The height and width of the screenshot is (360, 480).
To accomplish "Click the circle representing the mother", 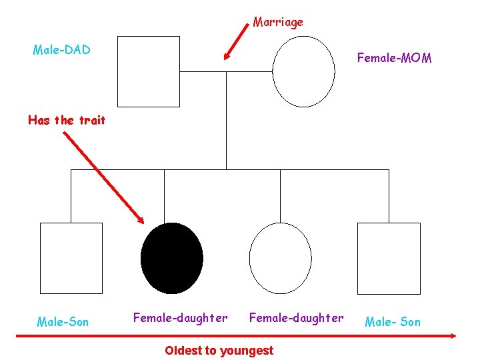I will click(x=303, y=71).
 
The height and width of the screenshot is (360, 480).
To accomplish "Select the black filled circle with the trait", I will click(x=173, y=258).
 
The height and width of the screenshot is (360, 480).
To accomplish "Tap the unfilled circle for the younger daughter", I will click(x=280, y=258).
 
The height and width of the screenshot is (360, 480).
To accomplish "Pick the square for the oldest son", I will click(x=71, y=258).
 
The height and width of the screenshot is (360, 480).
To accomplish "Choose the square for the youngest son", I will click(x=389, y=258).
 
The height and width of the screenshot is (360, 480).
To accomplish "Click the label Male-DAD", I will click(x=61, y=50).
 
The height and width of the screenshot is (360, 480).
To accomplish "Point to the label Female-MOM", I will click(x=394, y=58).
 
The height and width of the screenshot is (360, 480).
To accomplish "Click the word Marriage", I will click(x=278, y=22).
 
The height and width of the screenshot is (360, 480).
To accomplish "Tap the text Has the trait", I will click(x=67, y=121).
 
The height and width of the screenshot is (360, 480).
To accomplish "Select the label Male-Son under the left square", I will click(x=63, y=322).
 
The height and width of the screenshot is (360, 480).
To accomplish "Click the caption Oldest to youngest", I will click(x=219, y=350).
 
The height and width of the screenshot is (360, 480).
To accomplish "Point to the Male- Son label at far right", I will click(x=393, y=322).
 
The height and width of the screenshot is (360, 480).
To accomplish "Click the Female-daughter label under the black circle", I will click(x=180, y=318).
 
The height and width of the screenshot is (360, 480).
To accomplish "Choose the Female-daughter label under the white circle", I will click(x=296, y=318).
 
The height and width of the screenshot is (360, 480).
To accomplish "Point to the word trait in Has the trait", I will click(x=92, y=121).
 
